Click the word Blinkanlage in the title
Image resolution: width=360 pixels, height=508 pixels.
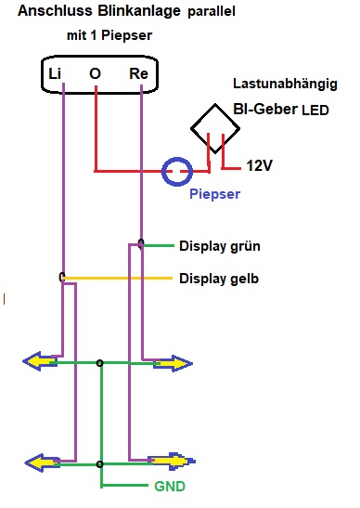point(139,12)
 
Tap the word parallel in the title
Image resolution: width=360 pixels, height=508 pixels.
point(212,12)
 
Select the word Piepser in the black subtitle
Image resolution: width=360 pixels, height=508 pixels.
point(126,35)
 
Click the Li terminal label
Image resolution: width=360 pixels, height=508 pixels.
point(55,74)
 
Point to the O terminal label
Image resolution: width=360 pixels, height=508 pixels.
point(95,74)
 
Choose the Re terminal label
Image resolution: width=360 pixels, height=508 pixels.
point(138,74)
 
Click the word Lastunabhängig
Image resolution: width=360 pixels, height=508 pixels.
point(285,85)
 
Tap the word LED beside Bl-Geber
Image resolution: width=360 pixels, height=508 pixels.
point(315,111)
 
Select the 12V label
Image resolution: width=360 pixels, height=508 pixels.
point(259,165)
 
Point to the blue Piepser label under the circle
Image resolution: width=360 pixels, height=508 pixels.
point(214,194)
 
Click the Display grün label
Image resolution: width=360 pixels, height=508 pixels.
point(220,246)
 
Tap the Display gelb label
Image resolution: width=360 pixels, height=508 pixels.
point(219,279)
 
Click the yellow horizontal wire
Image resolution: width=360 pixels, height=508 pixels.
point(117,279)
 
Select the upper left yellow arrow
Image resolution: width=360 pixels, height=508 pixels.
point(40,361)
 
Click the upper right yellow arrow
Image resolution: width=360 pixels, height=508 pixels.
point(174,363)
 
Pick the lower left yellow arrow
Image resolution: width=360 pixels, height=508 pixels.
point(42,463)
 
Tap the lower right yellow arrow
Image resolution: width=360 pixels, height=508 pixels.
point(172,461)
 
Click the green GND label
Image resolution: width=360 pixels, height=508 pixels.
point(170,487)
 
